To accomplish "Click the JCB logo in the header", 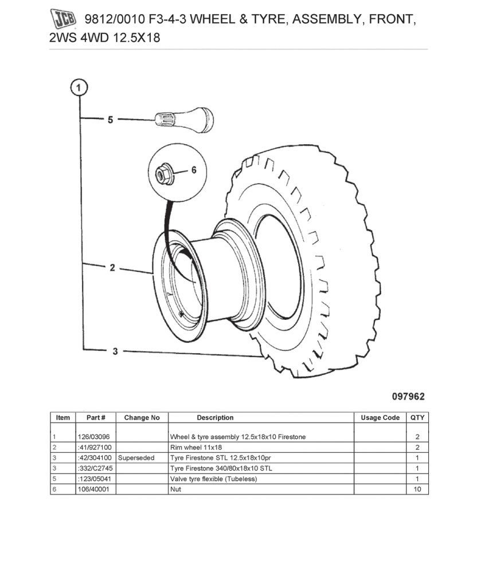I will point(64,19).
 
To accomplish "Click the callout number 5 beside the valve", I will point(111,120).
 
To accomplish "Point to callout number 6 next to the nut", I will point(193,170).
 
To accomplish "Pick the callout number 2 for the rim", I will point(112,267).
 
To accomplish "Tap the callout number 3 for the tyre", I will point(115,351).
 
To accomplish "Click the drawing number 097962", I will point(409,396).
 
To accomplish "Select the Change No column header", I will point(142,418).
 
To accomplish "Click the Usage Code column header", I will point(380,418).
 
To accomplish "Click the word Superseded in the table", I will point(136,458).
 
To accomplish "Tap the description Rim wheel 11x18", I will point(196,448).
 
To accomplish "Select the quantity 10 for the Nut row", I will point(417,489).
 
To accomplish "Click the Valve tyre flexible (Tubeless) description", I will point(213,479).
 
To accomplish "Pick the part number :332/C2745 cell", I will point(93,468).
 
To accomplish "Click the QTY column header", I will point(417,418).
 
